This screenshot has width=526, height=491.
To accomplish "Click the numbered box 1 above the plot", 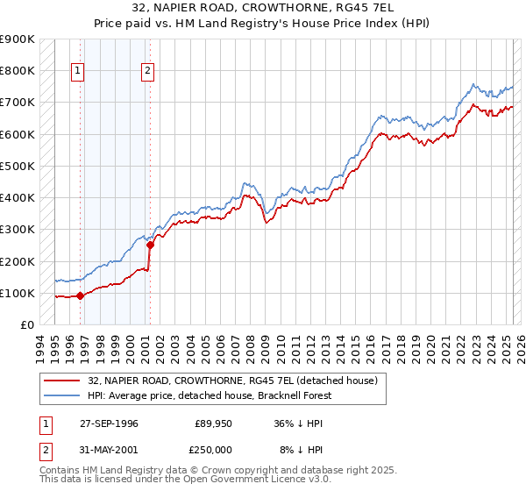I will click(78, 72).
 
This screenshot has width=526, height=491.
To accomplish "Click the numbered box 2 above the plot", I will click(147, 72).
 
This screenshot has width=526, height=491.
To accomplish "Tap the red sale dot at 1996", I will click(81, 295).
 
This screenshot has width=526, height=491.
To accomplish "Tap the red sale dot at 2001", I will click(150, 245).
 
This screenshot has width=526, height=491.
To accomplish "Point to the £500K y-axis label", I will click(18, 166).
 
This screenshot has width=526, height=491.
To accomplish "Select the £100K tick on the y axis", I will click(18, 293).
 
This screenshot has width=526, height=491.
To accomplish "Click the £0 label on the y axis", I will click(26, 325).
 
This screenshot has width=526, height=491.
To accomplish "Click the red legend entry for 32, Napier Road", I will click(232, 381).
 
